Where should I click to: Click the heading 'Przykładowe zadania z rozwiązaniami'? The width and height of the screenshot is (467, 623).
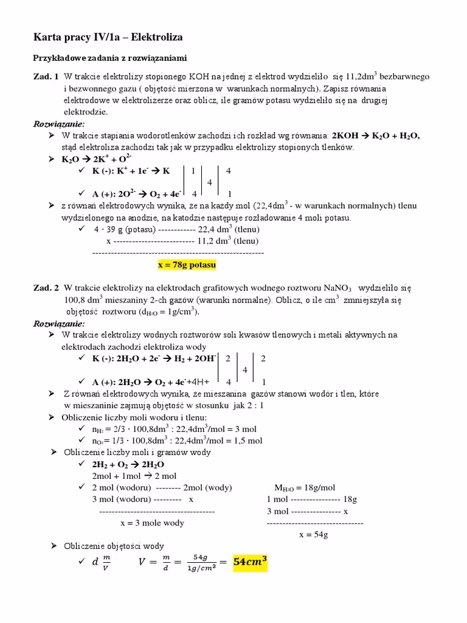click(x=109, y=58)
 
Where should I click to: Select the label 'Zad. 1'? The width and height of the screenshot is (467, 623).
click(x=46, y=77)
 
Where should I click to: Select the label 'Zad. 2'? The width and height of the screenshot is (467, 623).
click(x=46, y=287)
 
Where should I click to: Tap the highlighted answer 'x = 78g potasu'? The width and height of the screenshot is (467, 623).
click(x=187, y=265)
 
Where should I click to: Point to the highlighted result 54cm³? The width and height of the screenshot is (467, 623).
click(x=250, y=562)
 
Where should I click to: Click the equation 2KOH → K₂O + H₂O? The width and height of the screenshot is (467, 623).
click(x=376, y=136)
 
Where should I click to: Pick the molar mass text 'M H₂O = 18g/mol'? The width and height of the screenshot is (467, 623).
click(x=305, y=487)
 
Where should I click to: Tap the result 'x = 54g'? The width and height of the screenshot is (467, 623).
click(x=314, y=535)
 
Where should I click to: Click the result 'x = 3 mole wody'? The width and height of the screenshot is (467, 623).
click(x=153, y=523)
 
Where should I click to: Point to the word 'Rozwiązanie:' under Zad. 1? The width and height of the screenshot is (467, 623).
click(x=58, y=124)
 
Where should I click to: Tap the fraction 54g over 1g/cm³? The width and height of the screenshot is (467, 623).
click(x=196, y=563)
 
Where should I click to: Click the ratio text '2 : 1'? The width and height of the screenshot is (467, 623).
click(x=254, y=405)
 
